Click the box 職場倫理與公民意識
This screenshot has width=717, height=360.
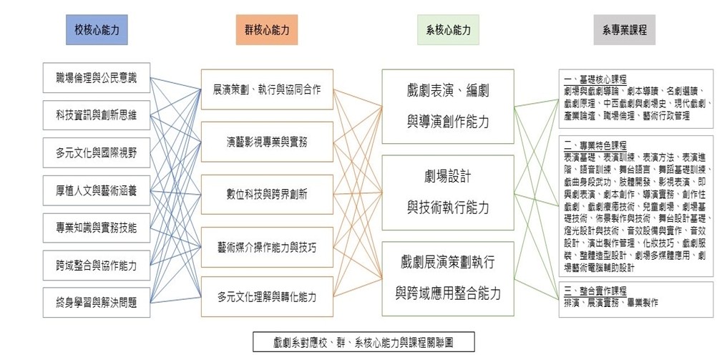click(96, 77)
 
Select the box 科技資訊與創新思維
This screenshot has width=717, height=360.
click(96, 115)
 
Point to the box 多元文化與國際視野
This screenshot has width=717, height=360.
click(96, 152)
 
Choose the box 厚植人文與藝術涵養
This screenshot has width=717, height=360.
click(96, 190)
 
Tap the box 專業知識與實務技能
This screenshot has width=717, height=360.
click(96, 228)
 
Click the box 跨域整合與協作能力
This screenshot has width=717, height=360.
click(96, 266)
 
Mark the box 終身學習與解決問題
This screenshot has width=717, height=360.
click(96, 303)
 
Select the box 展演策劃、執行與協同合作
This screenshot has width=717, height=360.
click(267, 90)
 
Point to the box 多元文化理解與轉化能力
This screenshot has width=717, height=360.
click(267, 296)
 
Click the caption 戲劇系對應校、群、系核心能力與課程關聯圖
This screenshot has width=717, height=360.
click(363, 342)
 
